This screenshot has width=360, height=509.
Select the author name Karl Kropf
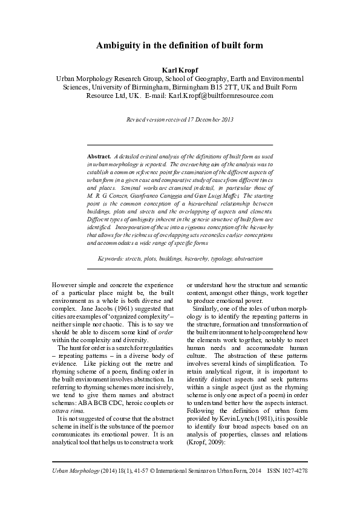[180, 70]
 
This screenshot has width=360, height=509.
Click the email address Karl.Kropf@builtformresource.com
[221, 96]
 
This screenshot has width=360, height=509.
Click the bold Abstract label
[99, 156]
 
